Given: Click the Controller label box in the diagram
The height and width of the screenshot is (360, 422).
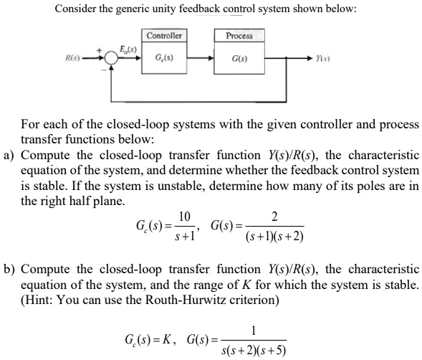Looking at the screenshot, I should [x=164, y=35].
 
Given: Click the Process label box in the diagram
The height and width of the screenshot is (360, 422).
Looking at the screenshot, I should [x=239, y=35].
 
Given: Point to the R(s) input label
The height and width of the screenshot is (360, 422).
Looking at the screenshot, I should [x=70, y=55].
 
